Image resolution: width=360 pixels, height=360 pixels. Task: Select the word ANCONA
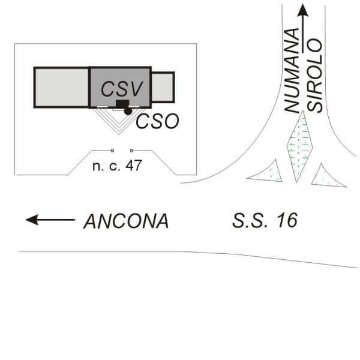pyautogui.click(x=126, y=221)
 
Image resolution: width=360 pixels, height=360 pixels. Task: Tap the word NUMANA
pyautogui.click(x=292, y=70)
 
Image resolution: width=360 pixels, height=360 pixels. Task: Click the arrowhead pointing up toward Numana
pyautogui.click(x=304, y=10)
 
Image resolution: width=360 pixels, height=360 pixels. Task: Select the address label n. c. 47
pyautogui.click(x=117, y=165)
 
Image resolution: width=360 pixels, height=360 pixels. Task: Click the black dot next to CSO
pyautogui.click(x=128, y=112)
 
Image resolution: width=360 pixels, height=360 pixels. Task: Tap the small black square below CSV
pyautogui.click(x=122, y=105)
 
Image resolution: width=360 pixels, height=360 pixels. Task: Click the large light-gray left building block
pyautogui.click(x=61, y=88)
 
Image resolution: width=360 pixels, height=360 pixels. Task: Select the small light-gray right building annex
pyautogui.click(x=162, y=87)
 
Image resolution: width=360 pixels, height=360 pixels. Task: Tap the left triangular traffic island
pyautogui.click(x=267, y=172)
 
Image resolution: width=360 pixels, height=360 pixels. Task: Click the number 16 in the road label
pyautogui.click(x=284, y=220)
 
